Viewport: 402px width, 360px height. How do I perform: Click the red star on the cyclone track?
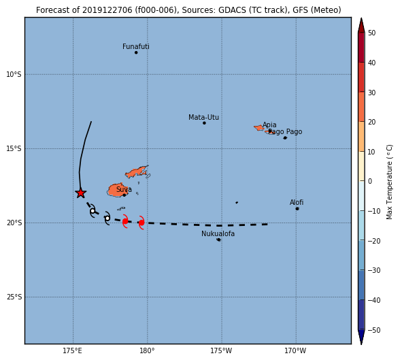tap(81, 193)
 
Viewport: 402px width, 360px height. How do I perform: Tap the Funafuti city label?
tap(135, 46)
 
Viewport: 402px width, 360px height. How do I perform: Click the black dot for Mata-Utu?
tap(204, 123)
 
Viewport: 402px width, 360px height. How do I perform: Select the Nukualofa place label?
tap(218, 233)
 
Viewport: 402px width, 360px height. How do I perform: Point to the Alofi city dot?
tap(297, 209)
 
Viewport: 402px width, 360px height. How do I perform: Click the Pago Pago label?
tap(285, 131)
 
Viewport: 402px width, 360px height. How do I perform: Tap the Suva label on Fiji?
tap(124, 189)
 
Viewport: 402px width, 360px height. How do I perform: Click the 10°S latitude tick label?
tap(14, 74)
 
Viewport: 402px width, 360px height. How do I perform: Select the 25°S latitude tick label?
tap(14, 297)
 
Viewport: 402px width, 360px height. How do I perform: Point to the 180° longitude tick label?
tap(147, 350)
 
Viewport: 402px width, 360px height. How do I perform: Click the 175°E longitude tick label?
tap(73, 350)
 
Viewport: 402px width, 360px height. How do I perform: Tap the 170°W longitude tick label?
tap(295, 350)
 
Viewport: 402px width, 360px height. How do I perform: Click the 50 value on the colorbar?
tap(371, 33)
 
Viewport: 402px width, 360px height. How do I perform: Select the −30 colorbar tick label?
tap(374, 270)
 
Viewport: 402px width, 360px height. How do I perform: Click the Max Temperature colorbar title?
tap(389, 182)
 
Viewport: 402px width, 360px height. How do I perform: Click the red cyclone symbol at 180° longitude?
tap(141, 223)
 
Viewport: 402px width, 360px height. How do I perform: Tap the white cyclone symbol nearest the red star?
tap(93, 211)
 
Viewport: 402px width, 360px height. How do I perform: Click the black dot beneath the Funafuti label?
tap(136, 52)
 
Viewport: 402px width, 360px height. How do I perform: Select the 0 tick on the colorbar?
tap(370, 181)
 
